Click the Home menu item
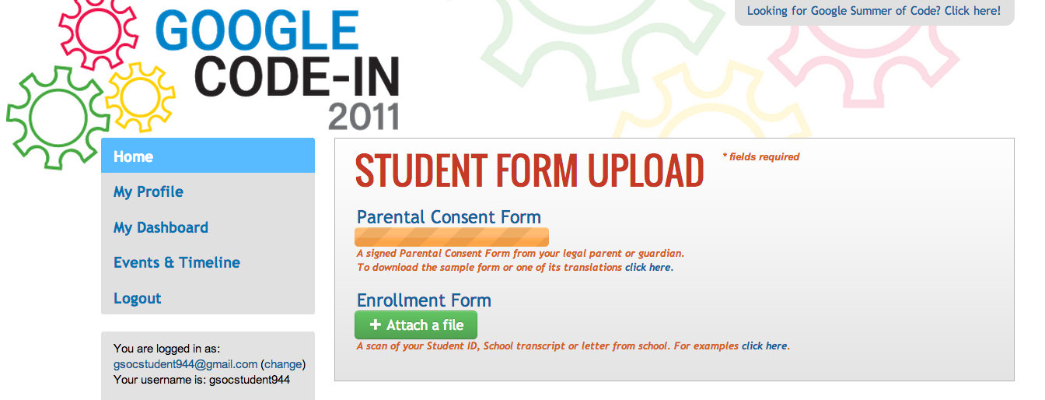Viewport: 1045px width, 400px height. tap(208, 156)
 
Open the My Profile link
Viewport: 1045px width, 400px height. tap(149, 192)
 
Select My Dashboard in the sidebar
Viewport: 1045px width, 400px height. tap(161, 227)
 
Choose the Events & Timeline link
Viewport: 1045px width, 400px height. tap(176, 262)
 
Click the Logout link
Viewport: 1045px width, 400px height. tap(137, 298)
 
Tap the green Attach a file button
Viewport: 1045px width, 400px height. tap(416, 325)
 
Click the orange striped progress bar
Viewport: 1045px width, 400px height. tap(452, 237)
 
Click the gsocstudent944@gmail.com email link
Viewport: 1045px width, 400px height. tap(185, 364)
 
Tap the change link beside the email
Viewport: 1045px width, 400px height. tap(283, 364)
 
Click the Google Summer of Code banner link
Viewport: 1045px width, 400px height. tap(874, 11)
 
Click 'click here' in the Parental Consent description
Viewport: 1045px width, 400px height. tap(648, 268)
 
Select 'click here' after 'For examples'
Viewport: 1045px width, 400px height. tap(764, 346)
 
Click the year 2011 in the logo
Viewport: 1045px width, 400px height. tap(363, 117)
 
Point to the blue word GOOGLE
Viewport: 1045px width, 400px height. tap(257, 30)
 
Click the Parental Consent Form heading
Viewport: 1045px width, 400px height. tap(449, 217)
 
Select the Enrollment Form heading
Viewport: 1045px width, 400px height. tap(424, 300)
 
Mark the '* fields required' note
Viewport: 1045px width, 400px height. tap(761, 157)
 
